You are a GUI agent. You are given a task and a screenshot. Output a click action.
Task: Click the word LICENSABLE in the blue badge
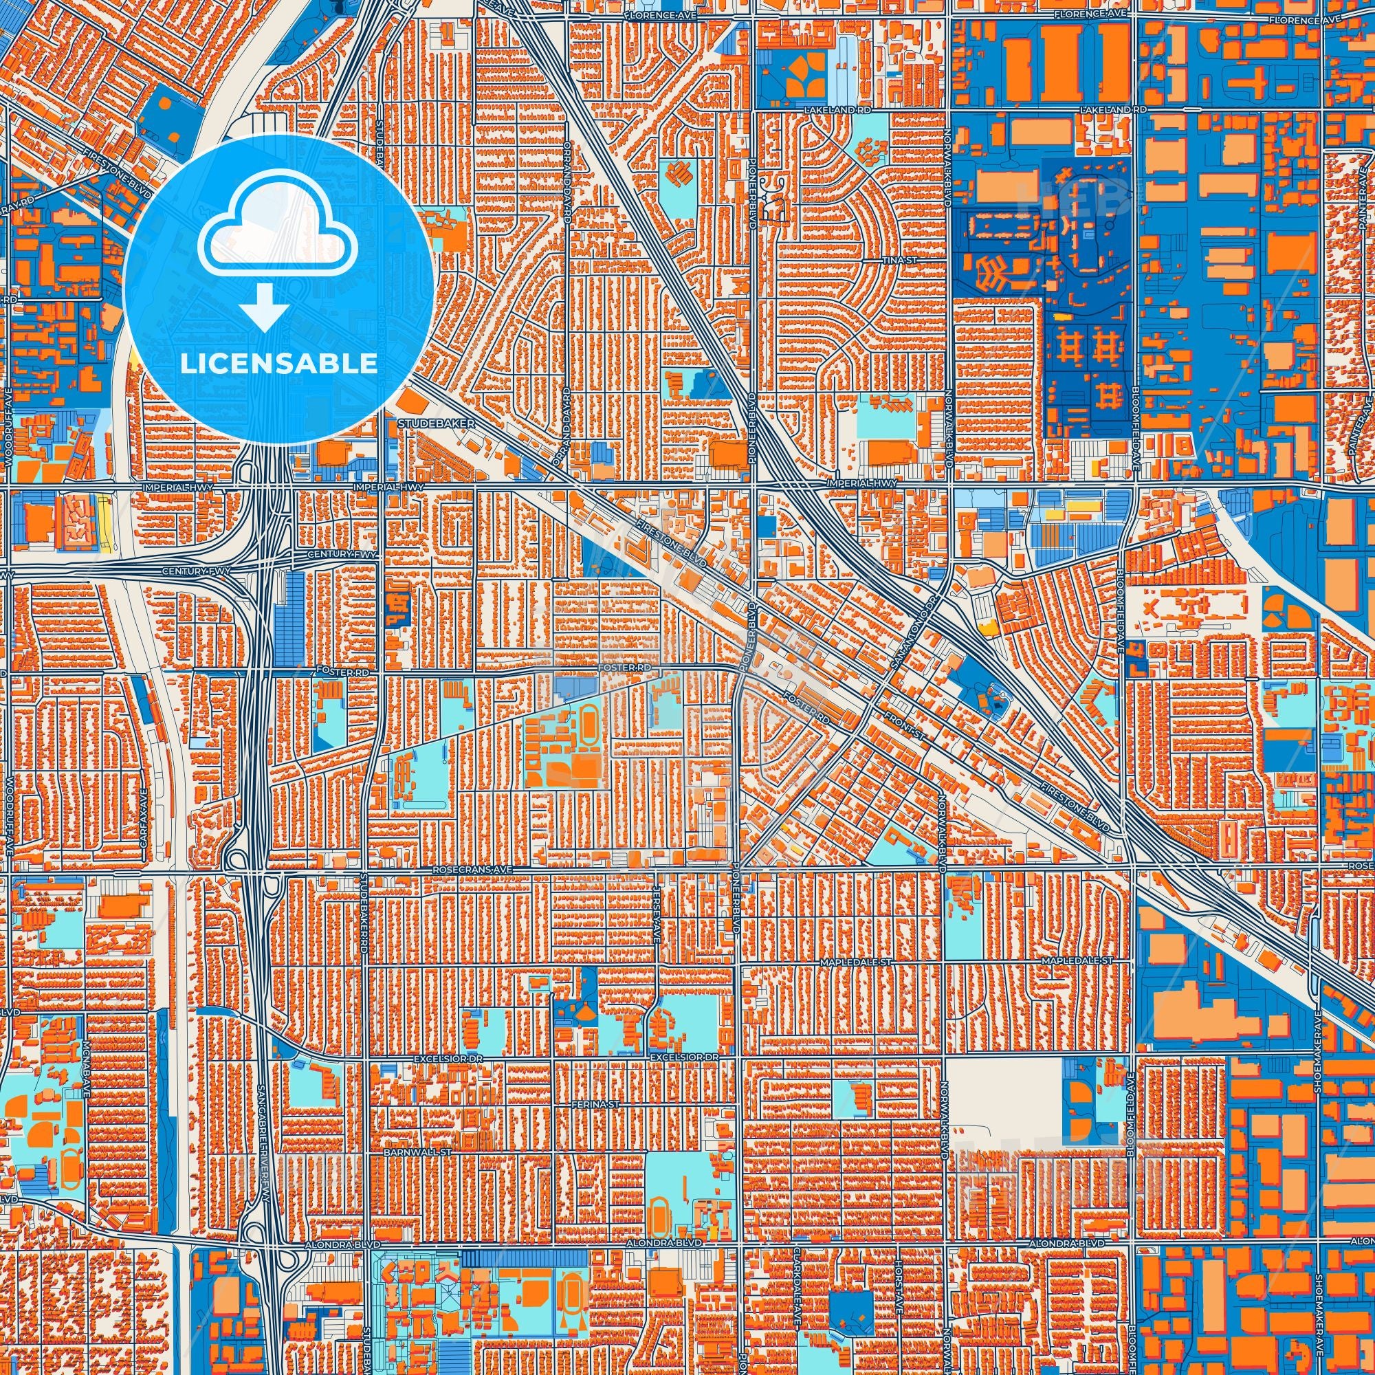tap(278, 364)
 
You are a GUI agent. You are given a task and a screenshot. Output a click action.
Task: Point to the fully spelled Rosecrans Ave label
tap(472, 870)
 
